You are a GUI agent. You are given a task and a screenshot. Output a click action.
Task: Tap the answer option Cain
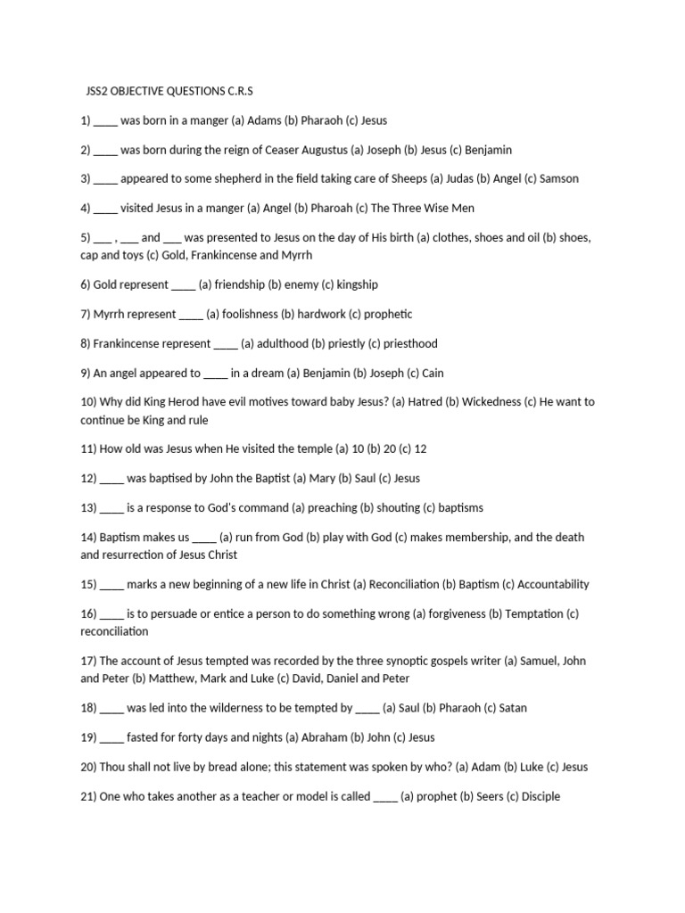coord(434,373)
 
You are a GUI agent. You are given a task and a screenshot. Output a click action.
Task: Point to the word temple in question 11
coord(308,448)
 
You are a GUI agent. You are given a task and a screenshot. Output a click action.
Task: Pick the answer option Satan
coord(512,708)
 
